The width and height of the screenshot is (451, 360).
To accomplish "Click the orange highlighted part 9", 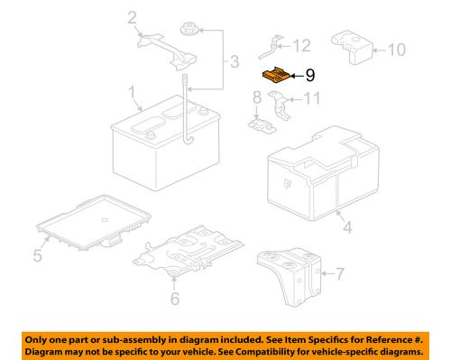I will coord(276,75).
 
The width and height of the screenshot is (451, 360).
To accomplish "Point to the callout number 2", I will coord(133,16).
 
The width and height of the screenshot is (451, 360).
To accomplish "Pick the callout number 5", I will coord(37,256).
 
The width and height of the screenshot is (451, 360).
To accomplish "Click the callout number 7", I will coord(340,272).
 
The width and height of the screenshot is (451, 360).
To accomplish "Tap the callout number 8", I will coord(256,97).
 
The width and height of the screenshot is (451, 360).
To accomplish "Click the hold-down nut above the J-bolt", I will coord(189,31).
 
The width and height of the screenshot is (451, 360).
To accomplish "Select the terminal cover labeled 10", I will coord(354,46).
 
